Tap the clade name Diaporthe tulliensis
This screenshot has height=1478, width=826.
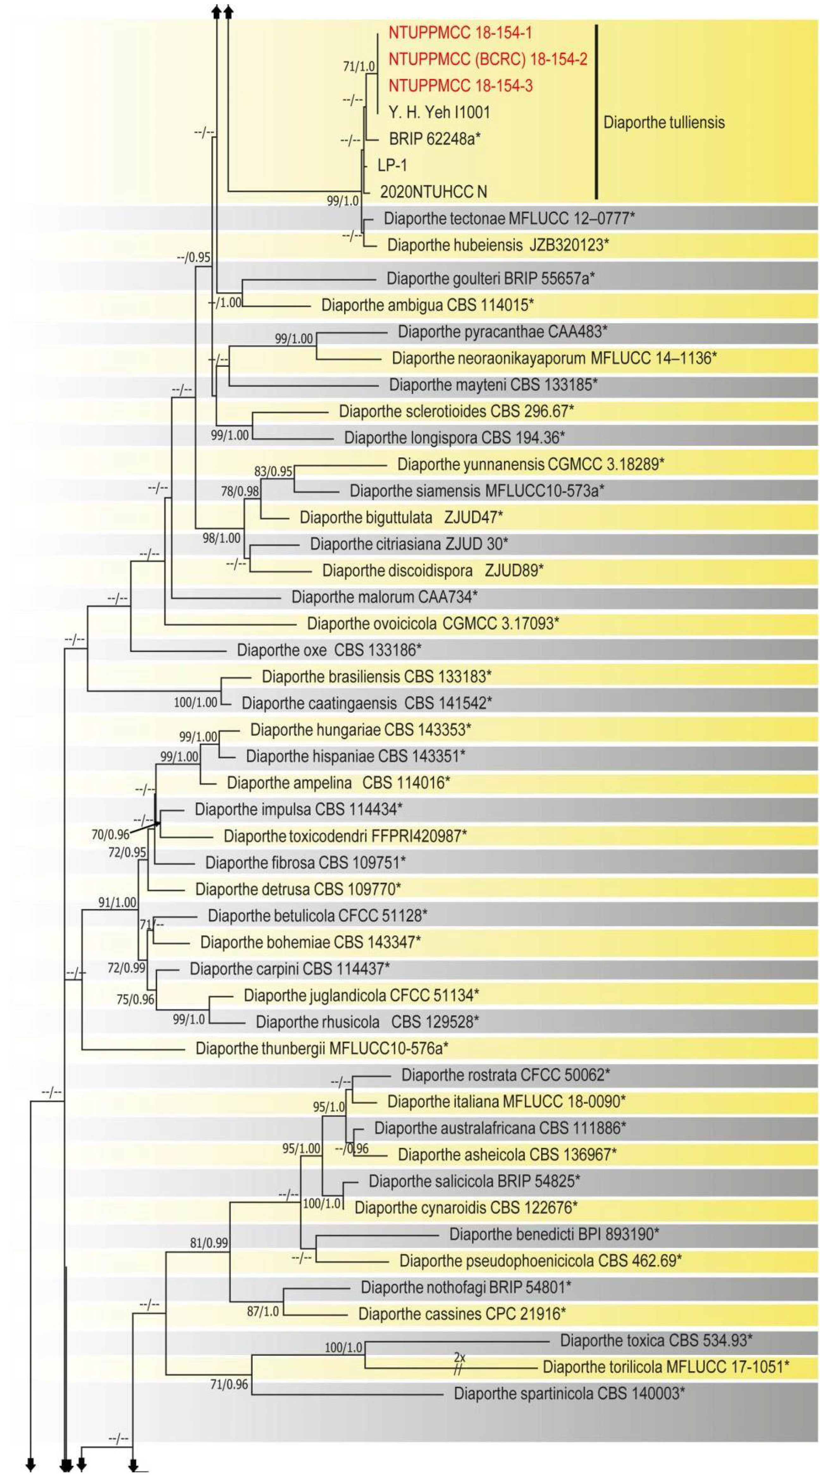click(x=663, y=122)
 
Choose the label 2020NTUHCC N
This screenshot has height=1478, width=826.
click(x=433, y=192)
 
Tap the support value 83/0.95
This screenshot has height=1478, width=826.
click(x=273, y=472)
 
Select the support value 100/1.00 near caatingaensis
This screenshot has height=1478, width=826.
click(x=196, y=702)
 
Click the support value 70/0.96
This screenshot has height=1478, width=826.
click(x=110, y=835)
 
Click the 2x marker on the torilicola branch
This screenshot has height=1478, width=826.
click(x=459, y=1358)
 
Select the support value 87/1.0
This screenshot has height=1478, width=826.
click(x=263, y=1312)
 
